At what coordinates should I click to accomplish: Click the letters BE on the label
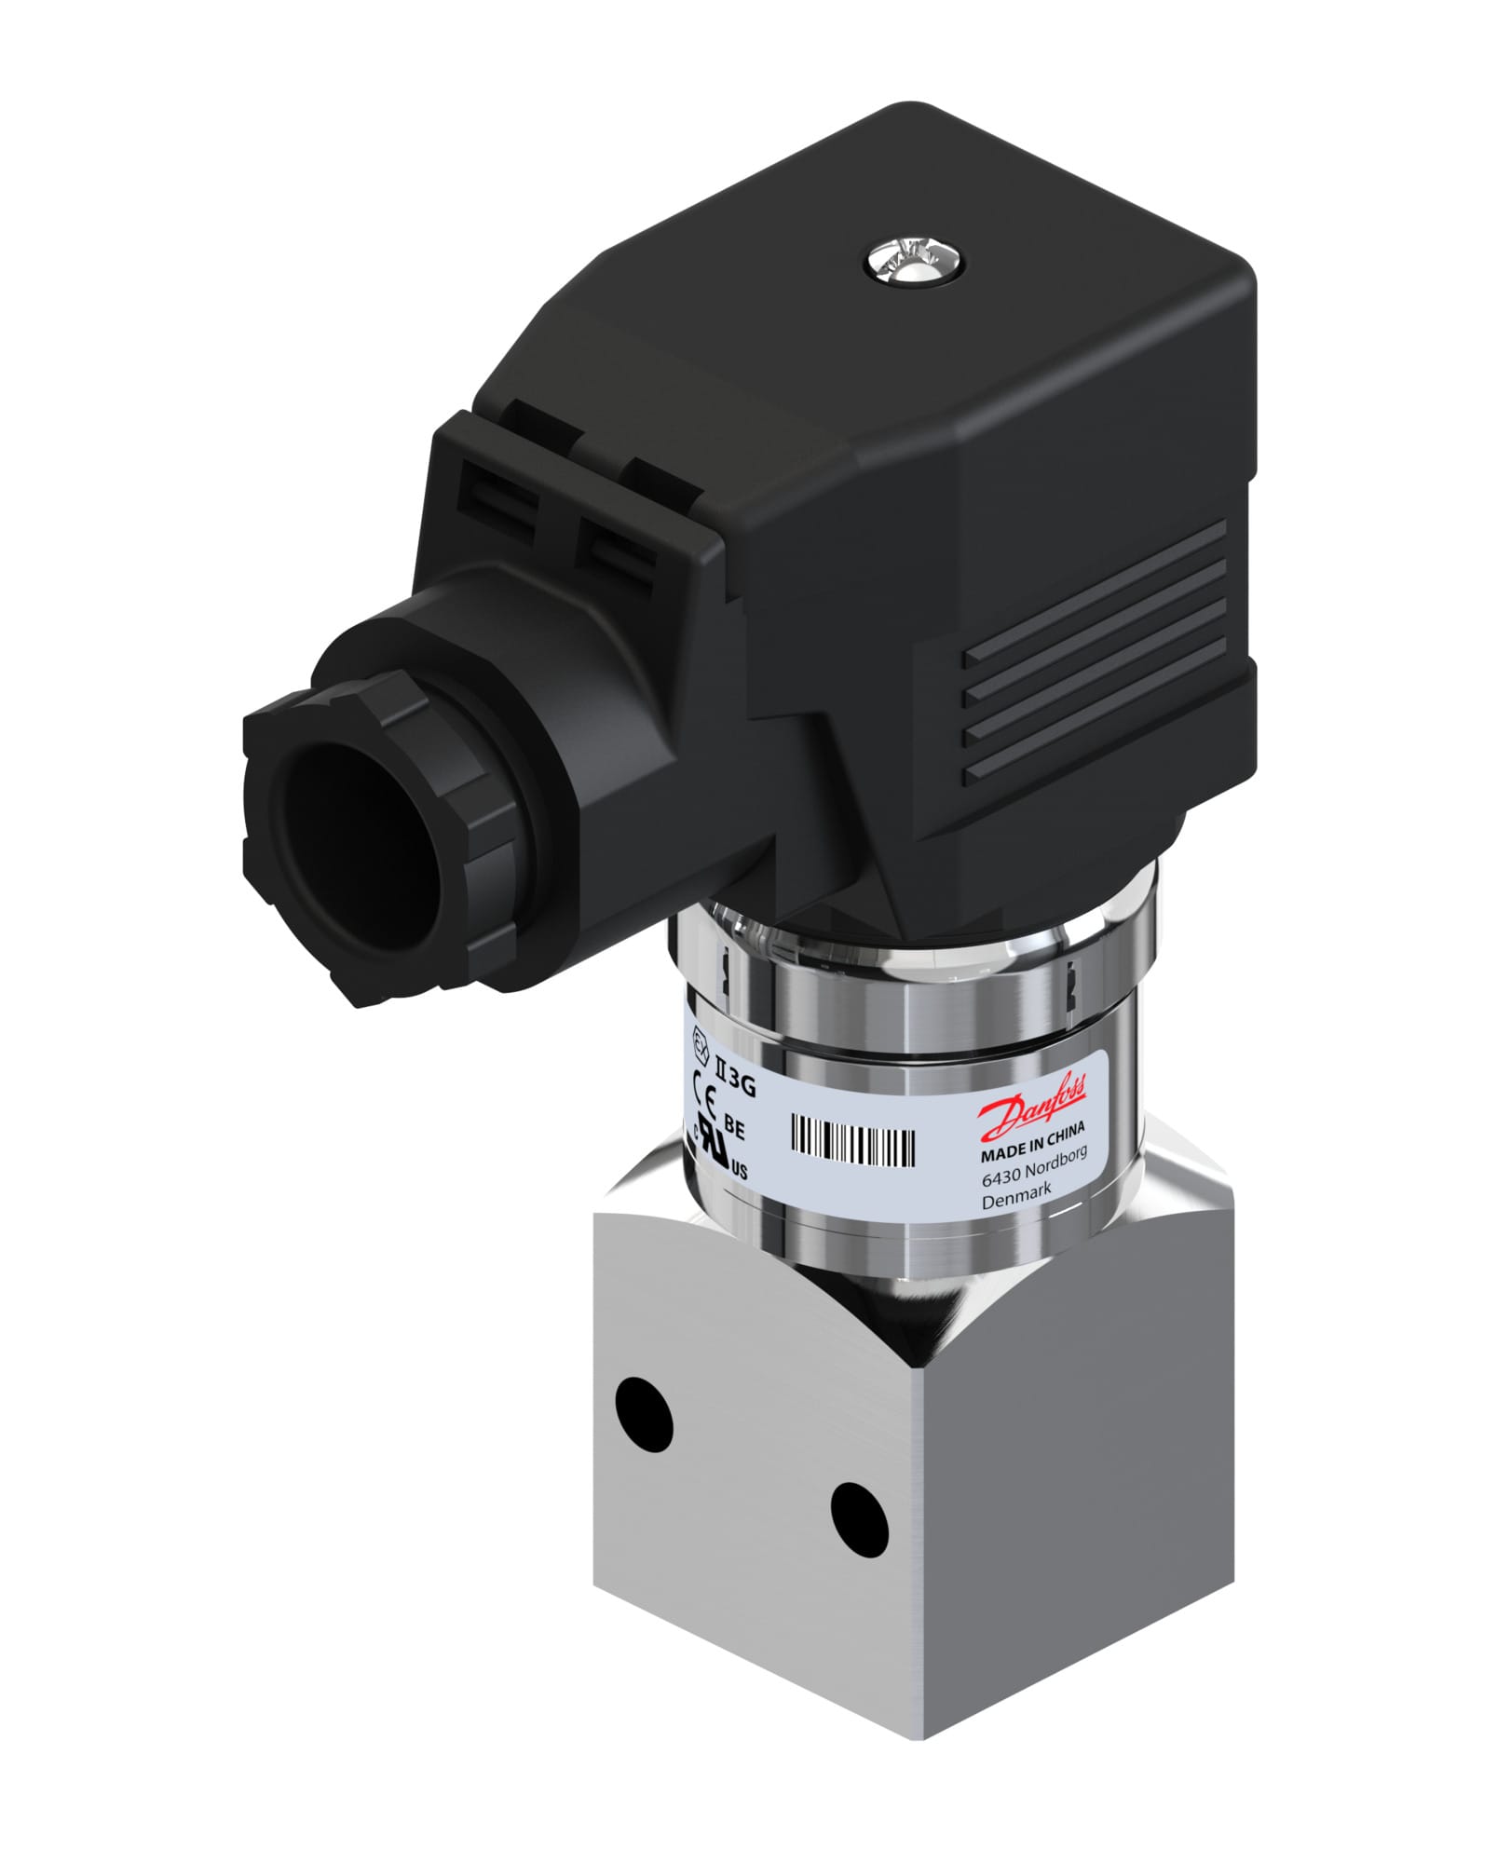tap(734, 1130)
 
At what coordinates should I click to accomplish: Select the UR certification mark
tap(720, 1152)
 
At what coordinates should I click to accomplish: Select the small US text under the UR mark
tap(739, 1172)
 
